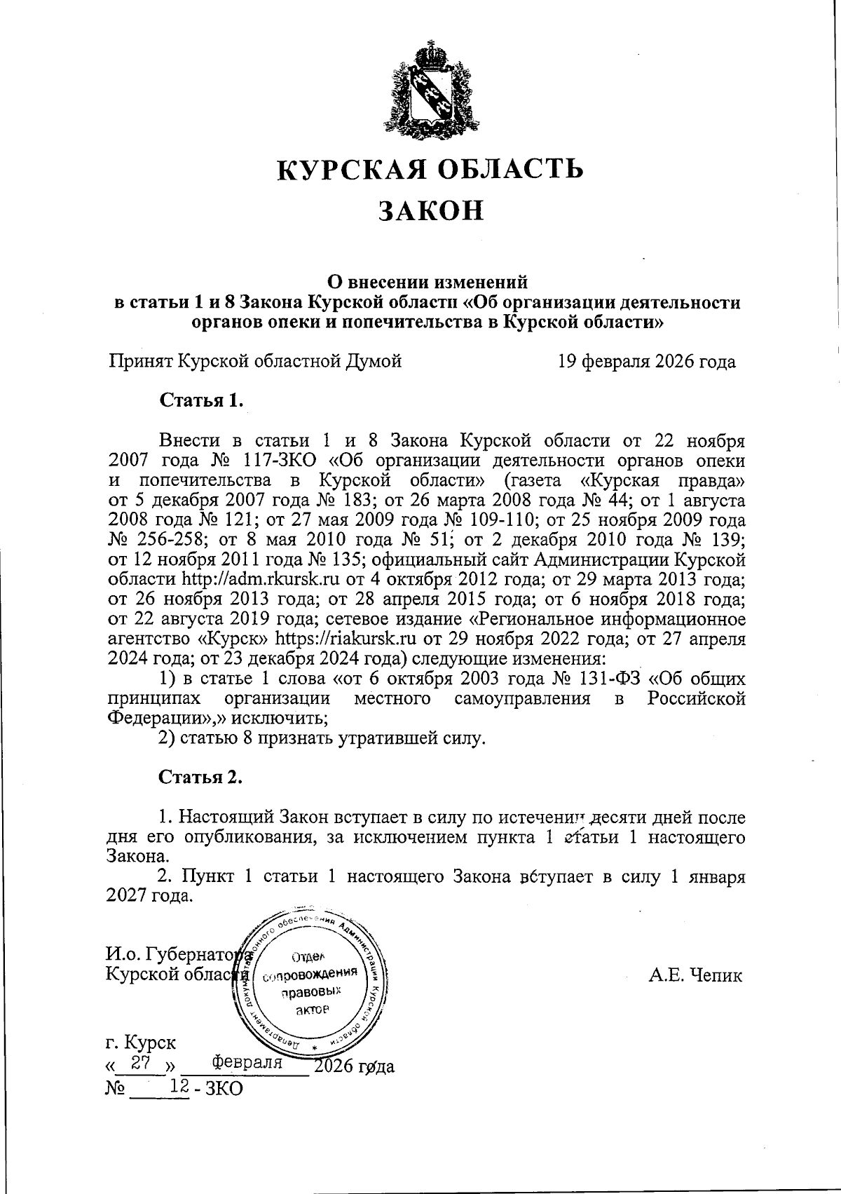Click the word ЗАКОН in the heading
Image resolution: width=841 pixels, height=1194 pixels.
pyautogui.click(x=431, y=210)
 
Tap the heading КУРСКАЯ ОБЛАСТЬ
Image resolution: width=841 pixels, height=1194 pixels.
pyautogui.click(x=430, y=169)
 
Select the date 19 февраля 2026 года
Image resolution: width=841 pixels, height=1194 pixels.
pyautogui.click(x=646, y=362)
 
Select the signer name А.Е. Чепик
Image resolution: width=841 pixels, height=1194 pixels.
pyautogui.click(x=695, y=975)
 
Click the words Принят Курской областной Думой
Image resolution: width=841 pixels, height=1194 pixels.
pyautogui.click(x=255, y=362)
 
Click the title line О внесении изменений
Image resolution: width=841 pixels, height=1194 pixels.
pyautogui.click(x=428, y=283)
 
